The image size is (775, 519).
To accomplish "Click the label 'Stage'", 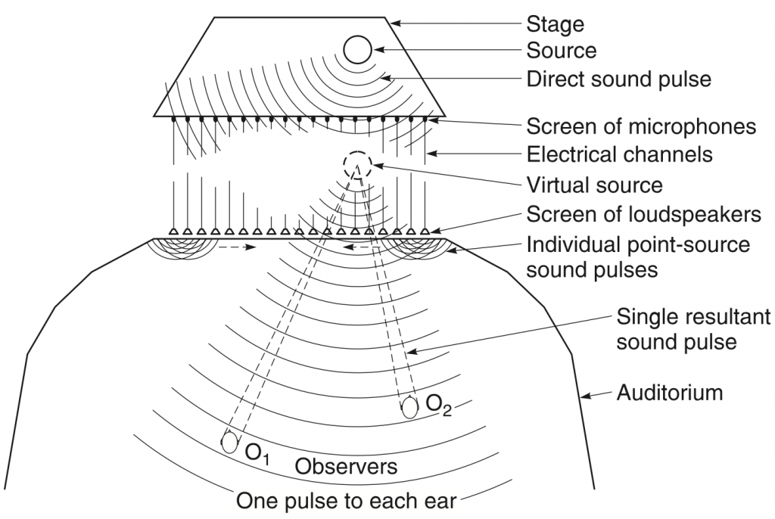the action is click(555, 24).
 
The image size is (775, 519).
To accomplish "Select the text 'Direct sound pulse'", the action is click(619, 79).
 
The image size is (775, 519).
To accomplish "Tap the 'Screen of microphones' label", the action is click(641, 126).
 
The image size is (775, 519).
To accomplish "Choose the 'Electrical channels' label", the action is click(619, 154).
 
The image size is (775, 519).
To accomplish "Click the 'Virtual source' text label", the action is click(595, 185).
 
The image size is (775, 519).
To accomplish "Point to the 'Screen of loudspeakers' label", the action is click(643, 214).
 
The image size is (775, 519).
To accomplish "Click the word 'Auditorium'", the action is click(670, 393).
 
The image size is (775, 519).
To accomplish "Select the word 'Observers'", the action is click(346, 466).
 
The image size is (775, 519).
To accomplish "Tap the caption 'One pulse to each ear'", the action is click(346, 501).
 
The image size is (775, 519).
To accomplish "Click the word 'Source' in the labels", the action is click(562, 51).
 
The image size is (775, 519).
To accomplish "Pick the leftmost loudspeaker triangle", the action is click(173, 231).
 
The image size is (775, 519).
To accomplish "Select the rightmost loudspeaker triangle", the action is click(425, 231).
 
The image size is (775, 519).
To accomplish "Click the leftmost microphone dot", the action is click(173, 120).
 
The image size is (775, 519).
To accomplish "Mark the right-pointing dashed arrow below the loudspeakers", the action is click(237, 246).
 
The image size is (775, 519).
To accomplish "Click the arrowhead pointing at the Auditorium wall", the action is click(585, 395).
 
